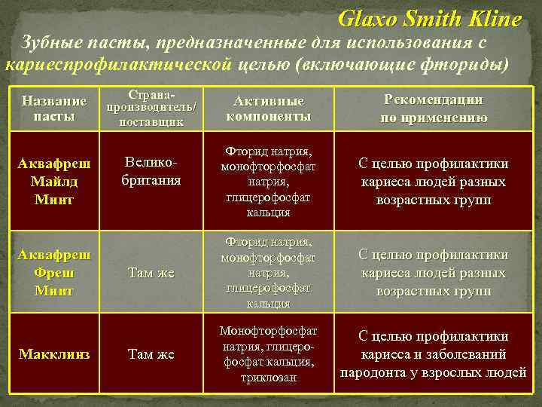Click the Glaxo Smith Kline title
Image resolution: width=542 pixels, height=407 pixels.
[429, 19]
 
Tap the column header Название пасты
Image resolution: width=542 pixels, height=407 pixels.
[54, 109]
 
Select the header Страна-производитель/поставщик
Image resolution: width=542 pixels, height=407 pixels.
[153, 109]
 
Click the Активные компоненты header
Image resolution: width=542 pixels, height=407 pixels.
[269, 109]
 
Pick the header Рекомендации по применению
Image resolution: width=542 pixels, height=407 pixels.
[433, 109]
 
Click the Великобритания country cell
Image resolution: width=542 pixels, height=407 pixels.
[151, 173]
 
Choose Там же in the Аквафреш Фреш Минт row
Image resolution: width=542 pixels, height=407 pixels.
[151, 273]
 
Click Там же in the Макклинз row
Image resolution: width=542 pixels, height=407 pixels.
[151, 353]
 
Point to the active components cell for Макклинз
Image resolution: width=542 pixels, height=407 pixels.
[269, 353]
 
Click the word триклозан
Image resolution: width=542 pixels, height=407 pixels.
[269, 377]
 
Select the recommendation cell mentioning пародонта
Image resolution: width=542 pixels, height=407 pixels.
[433, 353]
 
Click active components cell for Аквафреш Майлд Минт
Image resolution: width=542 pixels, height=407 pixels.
[269, 182]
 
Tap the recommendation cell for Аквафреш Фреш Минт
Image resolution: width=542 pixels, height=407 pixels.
[433, 273]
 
